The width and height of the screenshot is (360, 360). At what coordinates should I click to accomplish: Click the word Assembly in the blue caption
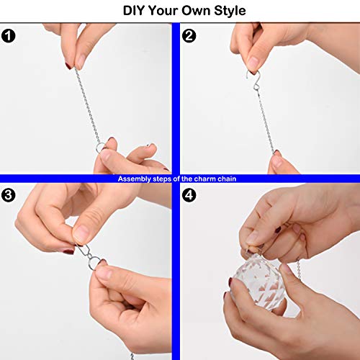[x=135, y=178]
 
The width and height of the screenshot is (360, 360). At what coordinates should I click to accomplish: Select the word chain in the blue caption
[x=228, y=178]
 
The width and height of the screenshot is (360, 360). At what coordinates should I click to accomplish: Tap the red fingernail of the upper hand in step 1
[x=69, y=66]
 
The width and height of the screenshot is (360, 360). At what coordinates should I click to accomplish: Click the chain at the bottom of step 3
[x=132, y=354]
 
